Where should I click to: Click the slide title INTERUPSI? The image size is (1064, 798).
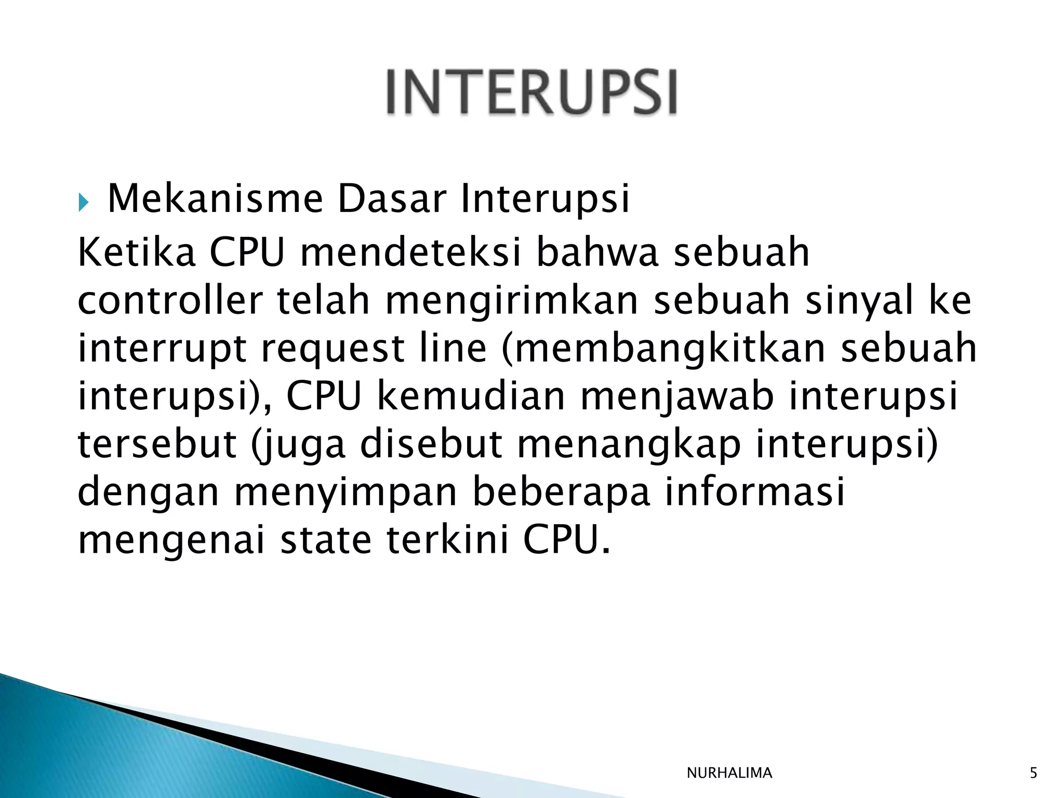[x=531, y=92]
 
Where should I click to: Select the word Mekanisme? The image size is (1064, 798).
[x=215, y=199]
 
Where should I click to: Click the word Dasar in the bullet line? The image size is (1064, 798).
[x=392, y=199]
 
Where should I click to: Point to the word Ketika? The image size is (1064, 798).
[x=137, y=252]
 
